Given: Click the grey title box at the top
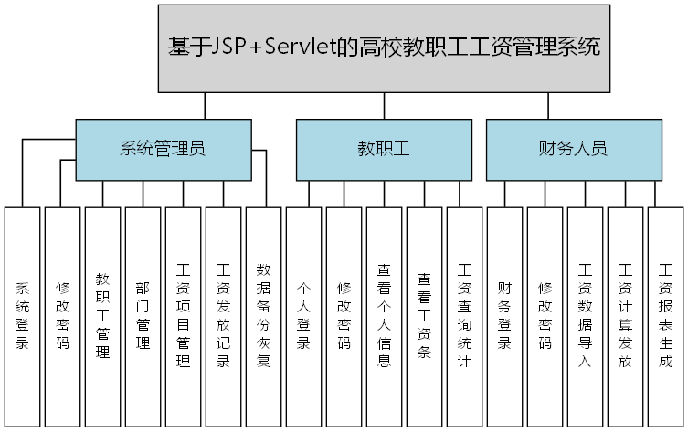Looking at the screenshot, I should coord(384,48).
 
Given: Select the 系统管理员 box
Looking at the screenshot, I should coord(163,149).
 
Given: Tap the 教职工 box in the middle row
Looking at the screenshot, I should coord(383,149).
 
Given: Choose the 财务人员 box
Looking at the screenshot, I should coord(572,149).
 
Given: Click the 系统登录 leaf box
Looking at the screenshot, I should coord(22,316).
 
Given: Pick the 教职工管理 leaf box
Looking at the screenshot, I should coord(102,316).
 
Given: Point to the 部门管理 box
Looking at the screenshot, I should coord(143,316).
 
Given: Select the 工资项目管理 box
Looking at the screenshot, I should coord(183,316).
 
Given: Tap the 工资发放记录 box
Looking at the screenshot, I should coord(223,316).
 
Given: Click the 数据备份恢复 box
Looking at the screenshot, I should coord(263,316).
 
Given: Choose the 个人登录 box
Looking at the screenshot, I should coord(303,316).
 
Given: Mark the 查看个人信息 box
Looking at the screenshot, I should coord(384,316).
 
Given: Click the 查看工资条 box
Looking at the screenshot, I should coord(424,316).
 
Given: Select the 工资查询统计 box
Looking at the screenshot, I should coord(464,316).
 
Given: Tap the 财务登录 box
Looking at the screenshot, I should coord(504,316).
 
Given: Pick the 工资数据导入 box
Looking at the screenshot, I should coord(585,316).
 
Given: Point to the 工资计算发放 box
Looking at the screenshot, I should coord(625,316).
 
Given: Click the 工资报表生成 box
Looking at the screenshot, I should coord(665,316).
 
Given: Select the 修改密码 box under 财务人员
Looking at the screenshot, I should coord(545,316).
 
